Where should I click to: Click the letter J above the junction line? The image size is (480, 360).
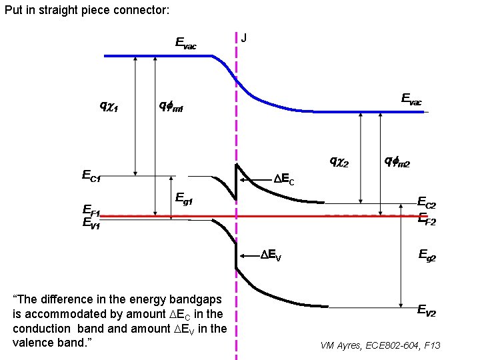click(x=244, y=38)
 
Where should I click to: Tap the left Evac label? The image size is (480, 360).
click(x=185, y=44)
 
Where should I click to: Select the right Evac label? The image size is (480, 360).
click(x=411, y=99)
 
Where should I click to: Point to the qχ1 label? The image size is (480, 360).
click(x=109, y=105)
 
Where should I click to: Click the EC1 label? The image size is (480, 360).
click(x=91, y=177)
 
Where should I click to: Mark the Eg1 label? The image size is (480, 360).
click(x=184, y=197)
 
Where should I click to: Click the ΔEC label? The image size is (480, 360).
click(x=285, y=179)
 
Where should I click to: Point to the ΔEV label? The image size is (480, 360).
click(x=271, y=255)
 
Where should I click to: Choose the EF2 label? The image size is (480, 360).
click(x=426, y=219)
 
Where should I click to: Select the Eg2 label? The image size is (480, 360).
click(x=427, y=254)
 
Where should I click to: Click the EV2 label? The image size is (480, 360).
click(x=427, y=309)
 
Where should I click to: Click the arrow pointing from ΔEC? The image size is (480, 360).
click(x=256, y=179)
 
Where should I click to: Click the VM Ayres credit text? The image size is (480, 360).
click(x=380, y=345)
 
